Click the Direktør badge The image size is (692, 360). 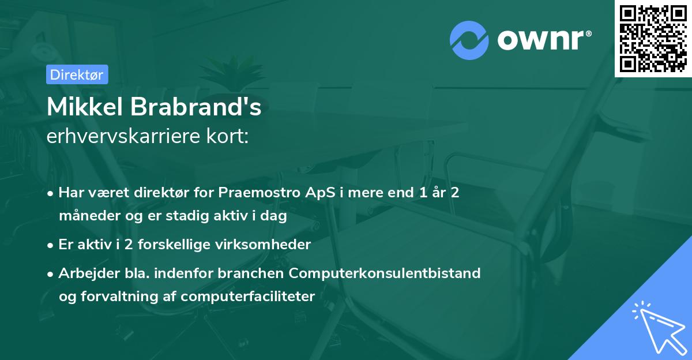77,74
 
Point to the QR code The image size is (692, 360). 653,39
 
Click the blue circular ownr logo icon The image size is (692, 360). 469,40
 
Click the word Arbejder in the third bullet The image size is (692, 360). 84,273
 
